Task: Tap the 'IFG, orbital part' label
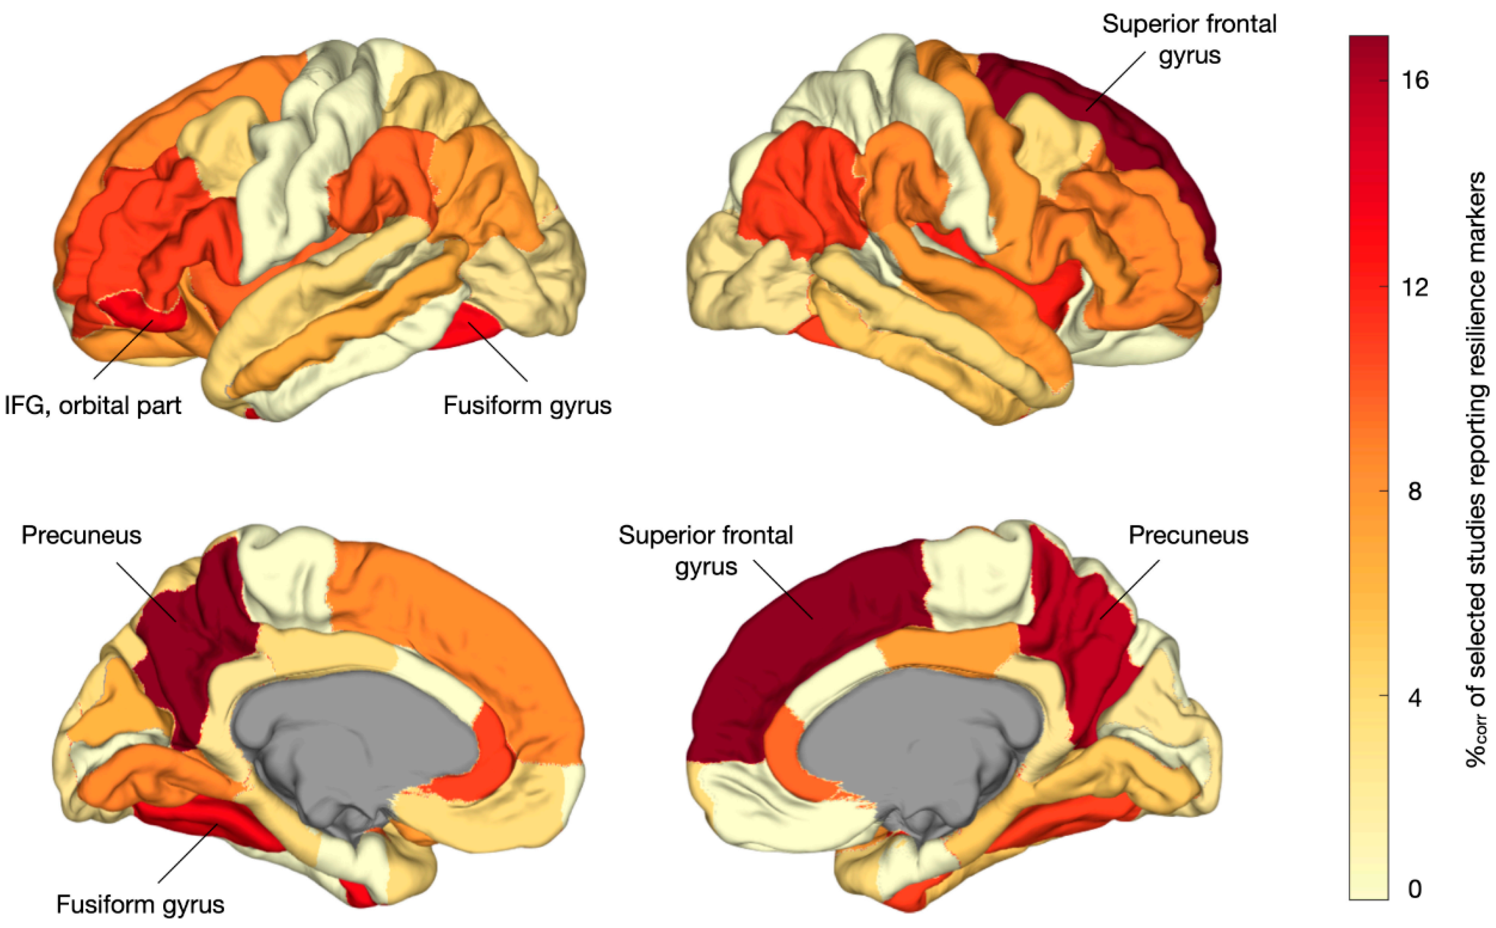(93, 406)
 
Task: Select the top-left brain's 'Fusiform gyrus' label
(527, 406)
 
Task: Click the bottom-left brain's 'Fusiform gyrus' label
(140, 904)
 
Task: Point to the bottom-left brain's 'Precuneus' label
(81, 535)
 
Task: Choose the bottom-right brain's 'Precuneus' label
(1188, 535)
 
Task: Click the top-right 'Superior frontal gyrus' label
(1189, 39)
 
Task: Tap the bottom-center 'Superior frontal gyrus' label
(705, 551)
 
